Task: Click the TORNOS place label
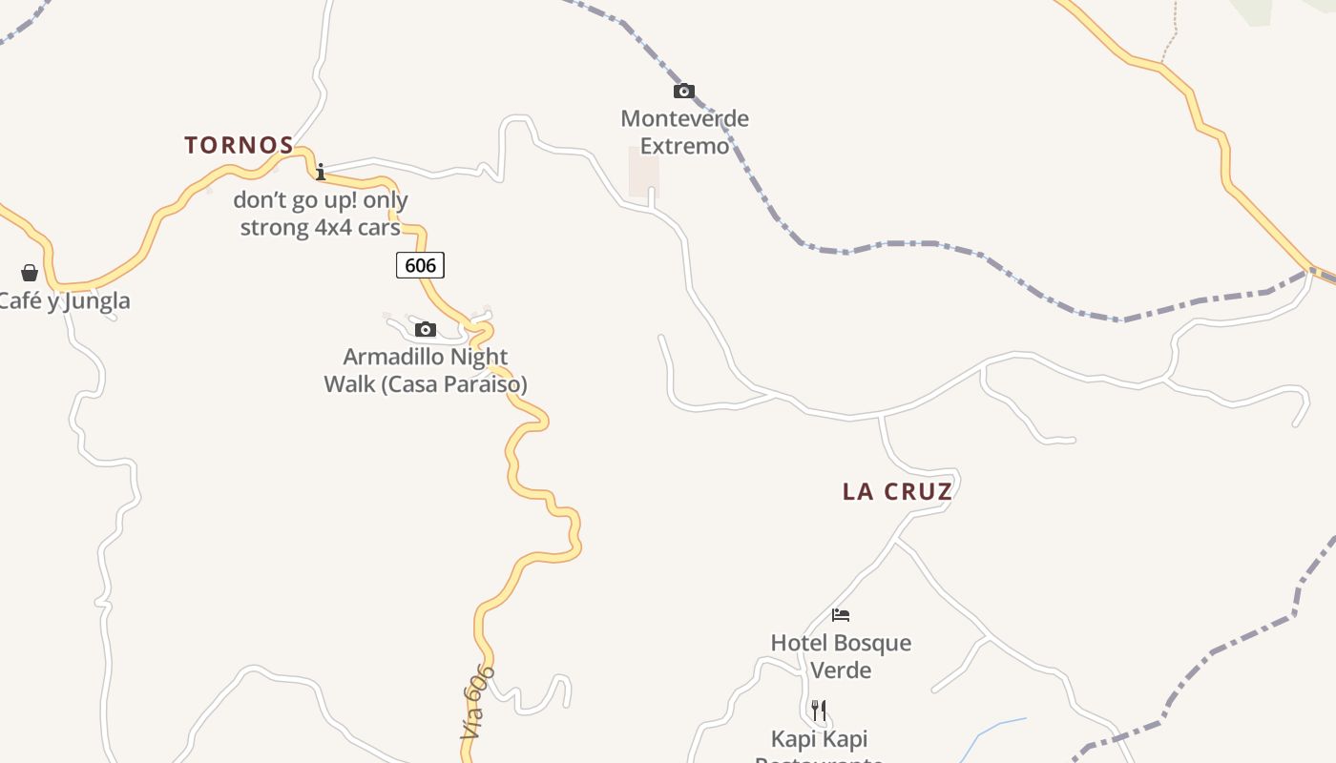point(239,145)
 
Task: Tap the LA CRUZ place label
point(897,491)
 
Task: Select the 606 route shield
point(420,265)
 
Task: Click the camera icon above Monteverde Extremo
point(683,92)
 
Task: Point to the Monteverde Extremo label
point(684,132)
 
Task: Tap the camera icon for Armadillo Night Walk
point(426,330)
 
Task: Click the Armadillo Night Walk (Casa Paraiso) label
point(426,370)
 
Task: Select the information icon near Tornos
point(321,172)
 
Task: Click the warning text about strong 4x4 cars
point(321,214)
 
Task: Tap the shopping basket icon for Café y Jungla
point(30,273)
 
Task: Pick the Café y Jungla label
point(63,301)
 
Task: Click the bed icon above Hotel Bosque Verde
point(841,615)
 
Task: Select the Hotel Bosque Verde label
point(841,656)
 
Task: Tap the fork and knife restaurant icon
point(818,710)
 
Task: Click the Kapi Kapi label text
point(820,739)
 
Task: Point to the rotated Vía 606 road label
point(477,703)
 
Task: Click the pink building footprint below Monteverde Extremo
point(643,172)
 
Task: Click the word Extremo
point(684,146)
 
